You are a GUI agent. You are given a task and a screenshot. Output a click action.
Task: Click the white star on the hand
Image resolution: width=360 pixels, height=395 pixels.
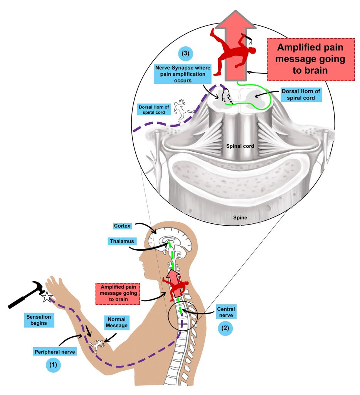(x=47, y=297)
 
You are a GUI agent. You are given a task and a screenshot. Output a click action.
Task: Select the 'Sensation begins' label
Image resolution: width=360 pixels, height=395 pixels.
(x=39, y=320)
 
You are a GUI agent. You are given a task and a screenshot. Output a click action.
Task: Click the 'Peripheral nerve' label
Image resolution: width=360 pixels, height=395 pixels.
(x=55, y=352)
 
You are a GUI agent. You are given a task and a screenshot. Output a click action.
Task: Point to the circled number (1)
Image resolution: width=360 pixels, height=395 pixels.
(x=53, y=365)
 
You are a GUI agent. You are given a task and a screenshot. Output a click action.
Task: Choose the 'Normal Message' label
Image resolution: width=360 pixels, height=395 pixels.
(x=116, y=322)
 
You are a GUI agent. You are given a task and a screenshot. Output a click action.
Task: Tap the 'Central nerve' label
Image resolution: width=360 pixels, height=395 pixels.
(x=226, y=312)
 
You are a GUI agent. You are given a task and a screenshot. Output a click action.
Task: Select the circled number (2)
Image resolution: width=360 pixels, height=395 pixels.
(x=225, y=328)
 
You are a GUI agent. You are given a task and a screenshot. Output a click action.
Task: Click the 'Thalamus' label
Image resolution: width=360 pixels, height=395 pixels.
(x=122, y=241)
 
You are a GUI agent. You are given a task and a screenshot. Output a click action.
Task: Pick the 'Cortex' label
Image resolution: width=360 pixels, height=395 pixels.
(x=122, y=226)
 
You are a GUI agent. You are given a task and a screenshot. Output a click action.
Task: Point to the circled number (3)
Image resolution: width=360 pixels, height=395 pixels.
(x=185, y=53)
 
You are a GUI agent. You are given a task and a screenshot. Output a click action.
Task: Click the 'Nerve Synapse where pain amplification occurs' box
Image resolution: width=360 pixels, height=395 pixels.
(x=183, y=74)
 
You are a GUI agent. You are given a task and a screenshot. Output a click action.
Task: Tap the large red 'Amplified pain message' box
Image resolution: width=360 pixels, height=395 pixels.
(x=311, y=59)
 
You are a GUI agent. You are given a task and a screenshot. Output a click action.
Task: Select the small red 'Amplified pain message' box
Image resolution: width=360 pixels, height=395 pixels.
(x=118, y=294)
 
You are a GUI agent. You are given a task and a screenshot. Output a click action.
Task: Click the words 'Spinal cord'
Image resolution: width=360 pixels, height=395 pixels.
(x=240, y=146)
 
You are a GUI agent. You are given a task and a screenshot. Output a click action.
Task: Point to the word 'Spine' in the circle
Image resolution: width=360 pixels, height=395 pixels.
(x=240, y=218)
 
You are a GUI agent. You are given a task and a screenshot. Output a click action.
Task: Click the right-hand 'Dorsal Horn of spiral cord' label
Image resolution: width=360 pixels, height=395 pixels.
(x=301, y=95)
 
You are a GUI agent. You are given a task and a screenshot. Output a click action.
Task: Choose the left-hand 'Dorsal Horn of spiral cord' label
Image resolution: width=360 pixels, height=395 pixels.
(x=154, y=110)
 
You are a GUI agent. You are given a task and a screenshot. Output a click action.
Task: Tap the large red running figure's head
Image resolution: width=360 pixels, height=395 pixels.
(x=252, y=50)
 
